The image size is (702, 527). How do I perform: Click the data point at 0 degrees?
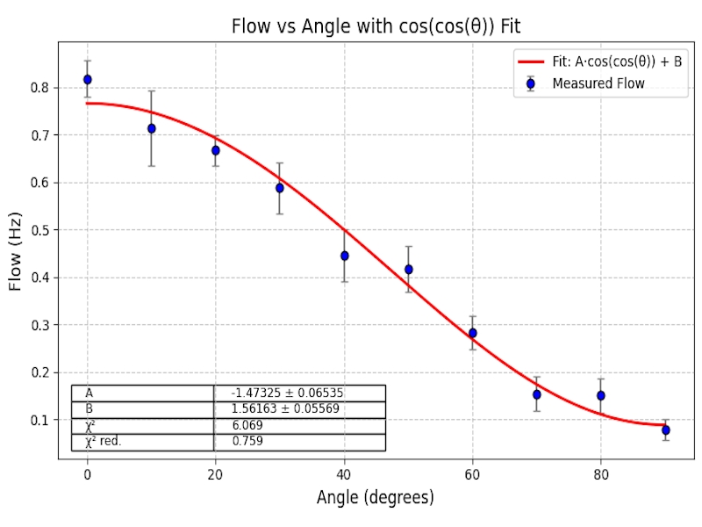[x=88, y=79]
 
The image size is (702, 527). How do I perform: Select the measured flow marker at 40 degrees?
[x=345, y=256]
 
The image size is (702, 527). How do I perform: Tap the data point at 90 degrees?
[x=666, y=430]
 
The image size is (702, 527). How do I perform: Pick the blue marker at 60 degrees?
[x=473, y=333]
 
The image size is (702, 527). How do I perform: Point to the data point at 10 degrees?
[x=152, y=128]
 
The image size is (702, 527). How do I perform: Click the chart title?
[x=376, y=26]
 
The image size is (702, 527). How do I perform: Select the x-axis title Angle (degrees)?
[x=376, y=498]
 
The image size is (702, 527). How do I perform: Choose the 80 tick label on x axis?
[x=601, y=474]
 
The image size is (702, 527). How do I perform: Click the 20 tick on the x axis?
[x=216, y=474]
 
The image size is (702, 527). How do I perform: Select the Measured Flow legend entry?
[x=598, y=83]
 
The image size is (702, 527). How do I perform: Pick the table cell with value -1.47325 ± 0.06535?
[x=298, y=393]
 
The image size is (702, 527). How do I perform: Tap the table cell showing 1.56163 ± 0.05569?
[x=298, y=409]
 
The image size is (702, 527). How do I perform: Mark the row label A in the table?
[x=90, y=393]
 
